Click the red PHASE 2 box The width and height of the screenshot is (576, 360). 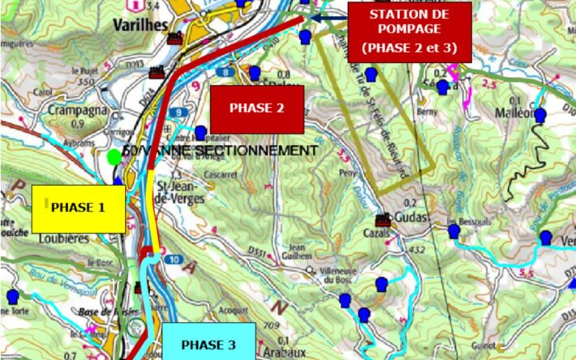257,109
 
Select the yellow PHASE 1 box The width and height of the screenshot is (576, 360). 78,208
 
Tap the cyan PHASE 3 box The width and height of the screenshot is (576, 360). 208,344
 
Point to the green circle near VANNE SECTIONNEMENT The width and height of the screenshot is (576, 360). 114,155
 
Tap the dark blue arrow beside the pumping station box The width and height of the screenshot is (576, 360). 329,16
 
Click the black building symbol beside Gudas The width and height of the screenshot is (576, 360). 382,220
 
